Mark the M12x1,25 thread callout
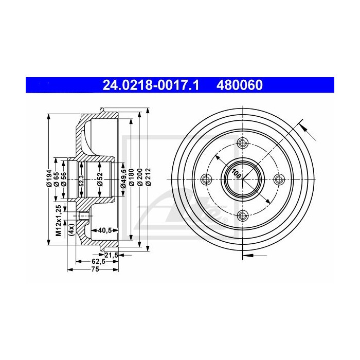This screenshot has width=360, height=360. point(59,220)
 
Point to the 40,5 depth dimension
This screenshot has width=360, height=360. point(105,230)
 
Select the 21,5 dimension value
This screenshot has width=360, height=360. point(112,255)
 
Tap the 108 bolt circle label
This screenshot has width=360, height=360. point(237,173)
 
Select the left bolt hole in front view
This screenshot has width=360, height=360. point(207,179)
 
